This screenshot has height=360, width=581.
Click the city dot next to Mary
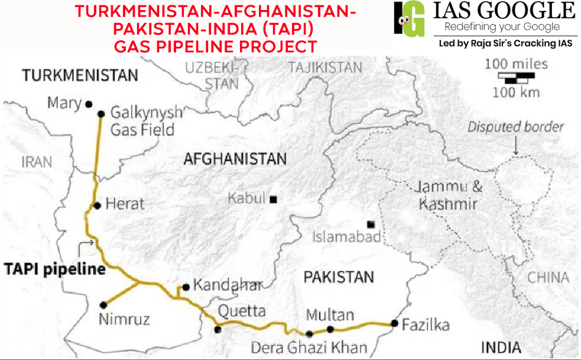(89, 104)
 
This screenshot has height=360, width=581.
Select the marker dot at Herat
(97, 205)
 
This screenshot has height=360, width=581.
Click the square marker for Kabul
(273, 200)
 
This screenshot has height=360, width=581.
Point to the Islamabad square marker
(371, 224)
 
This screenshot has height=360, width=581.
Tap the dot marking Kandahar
(186, 287)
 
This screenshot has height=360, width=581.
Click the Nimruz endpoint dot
(103, 305)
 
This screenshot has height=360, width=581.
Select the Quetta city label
(242, 311)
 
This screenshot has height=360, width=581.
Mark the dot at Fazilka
(394, 323)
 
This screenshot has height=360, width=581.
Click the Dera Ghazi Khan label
(309, 347)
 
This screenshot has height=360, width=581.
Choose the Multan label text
(330, 315)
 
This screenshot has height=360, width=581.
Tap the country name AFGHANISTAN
(235, 159)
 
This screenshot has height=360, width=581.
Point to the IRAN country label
(37, 161)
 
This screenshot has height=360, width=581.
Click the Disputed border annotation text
(515, 127)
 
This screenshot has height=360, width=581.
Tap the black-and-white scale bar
(516, 76)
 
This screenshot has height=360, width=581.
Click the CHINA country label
(548, 277)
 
